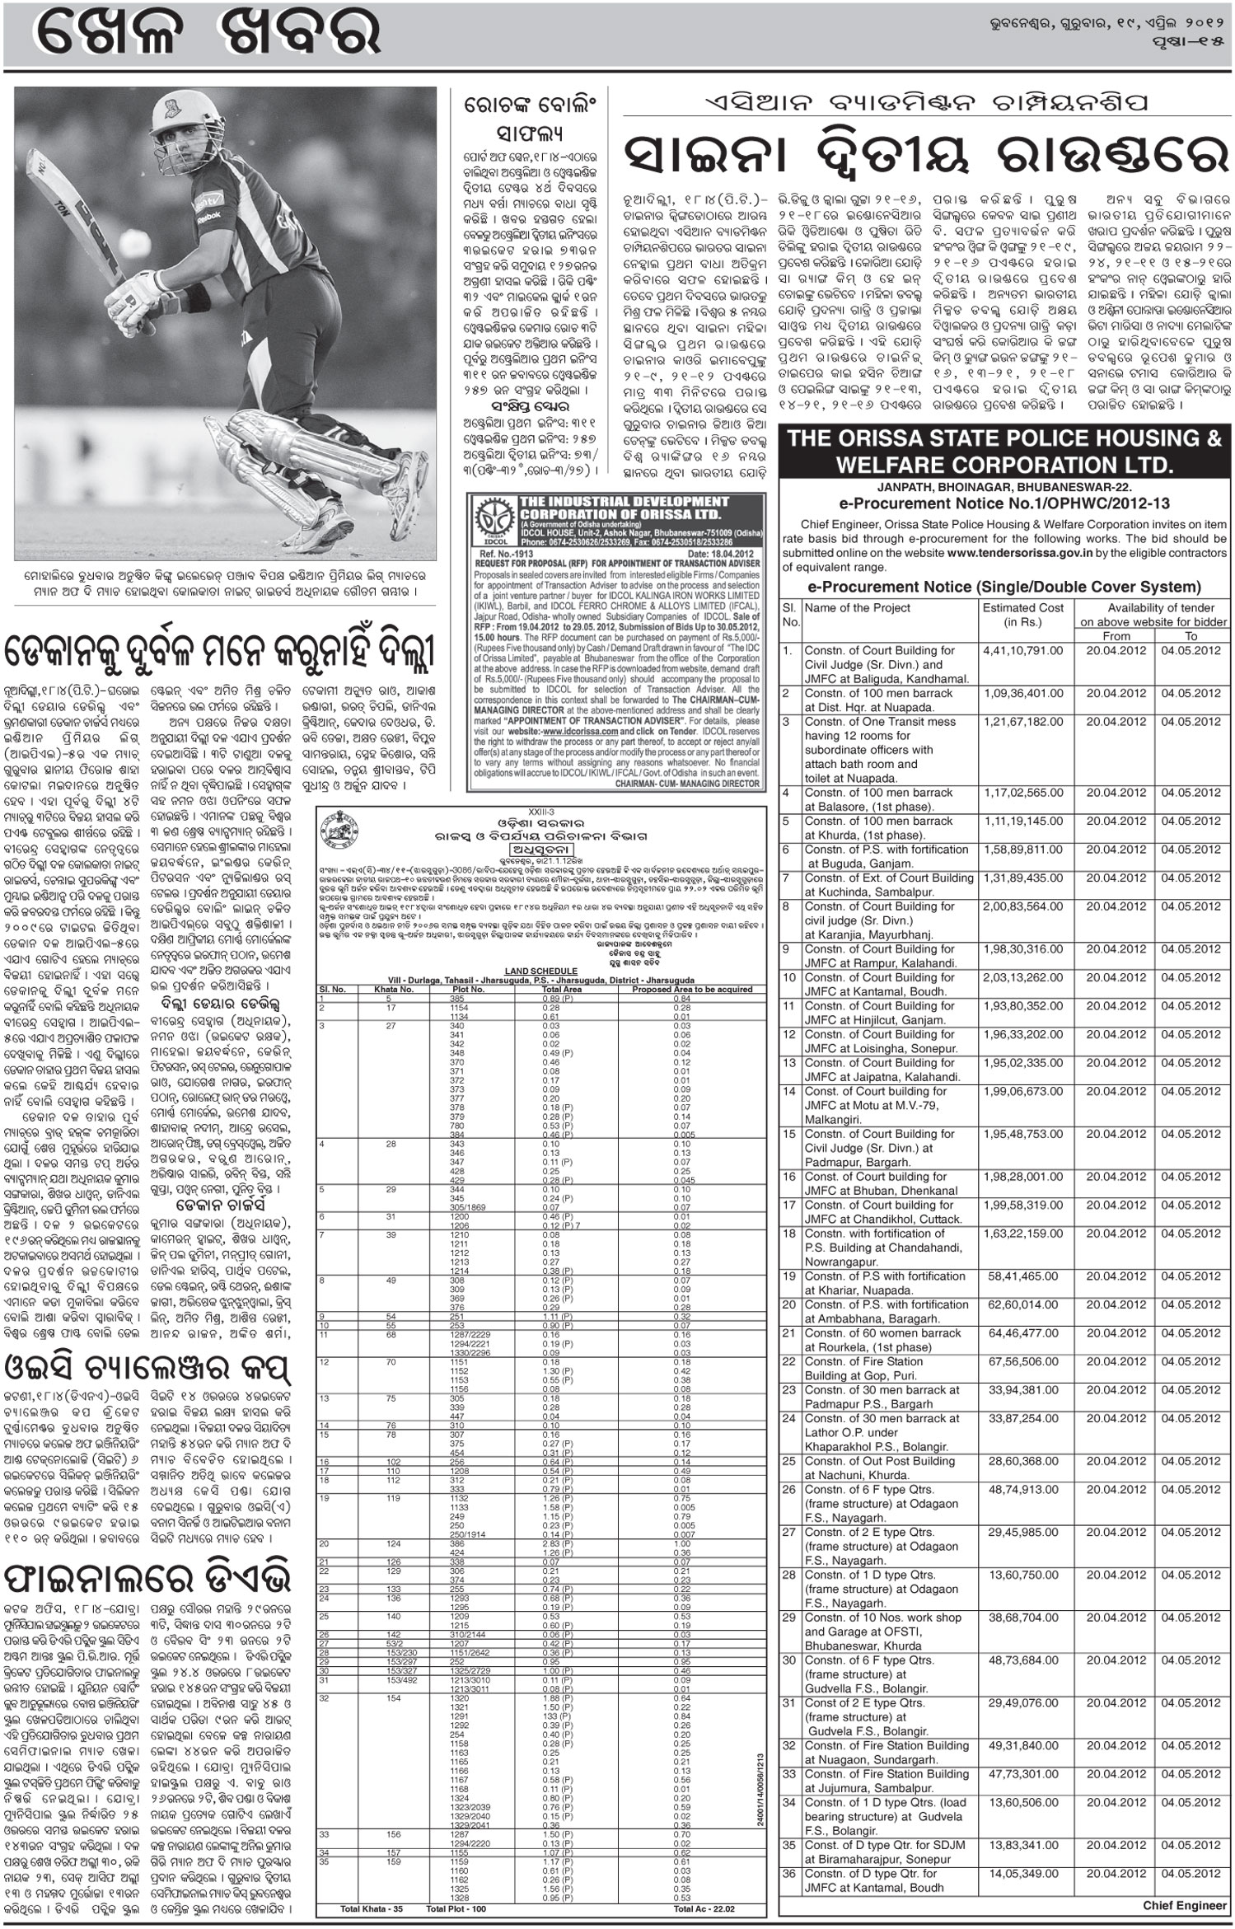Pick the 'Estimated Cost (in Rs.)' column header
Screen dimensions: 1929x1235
point(1022,615)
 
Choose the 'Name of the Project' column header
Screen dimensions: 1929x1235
point(858,608)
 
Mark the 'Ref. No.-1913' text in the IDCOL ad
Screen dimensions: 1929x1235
point(498,555)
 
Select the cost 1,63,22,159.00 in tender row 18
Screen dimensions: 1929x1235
point(1022,1234)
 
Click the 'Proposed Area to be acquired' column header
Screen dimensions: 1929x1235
point(684,989)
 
